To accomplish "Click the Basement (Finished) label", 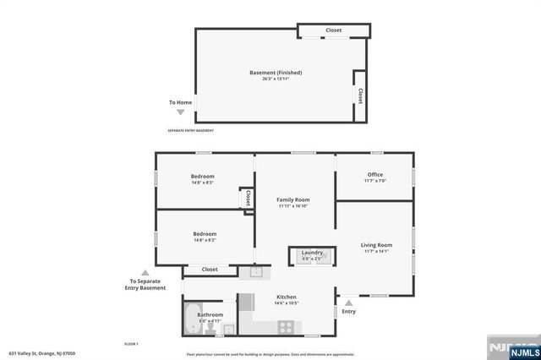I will click(x=276, y=73).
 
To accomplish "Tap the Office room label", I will click(x=374, y=175).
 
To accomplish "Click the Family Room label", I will click(x=293, y=199).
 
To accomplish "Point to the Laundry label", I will click(x=312, y=253).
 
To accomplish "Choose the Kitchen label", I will click(x=287, y=297).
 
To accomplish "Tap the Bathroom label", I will click(x=210, y=314).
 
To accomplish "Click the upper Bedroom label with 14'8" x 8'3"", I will click(x=202, y=177).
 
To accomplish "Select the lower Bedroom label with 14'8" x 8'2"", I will click(x=205, y=234).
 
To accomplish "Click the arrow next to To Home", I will click(x=180, y=112).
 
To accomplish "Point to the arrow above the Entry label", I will click(x=348, y=302).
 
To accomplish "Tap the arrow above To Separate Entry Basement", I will click(x=145, y=272).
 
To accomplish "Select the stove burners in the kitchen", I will click(x=279, y=325).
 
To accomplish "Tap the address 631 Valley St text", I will click(x=42, y=353).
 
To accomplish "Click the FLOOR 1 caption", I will click(x=131, y=344).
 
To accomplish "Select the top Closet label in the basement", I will click(x=334, y=30).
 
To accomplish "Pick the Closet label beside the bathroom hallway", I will click(x=210, y=270).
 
